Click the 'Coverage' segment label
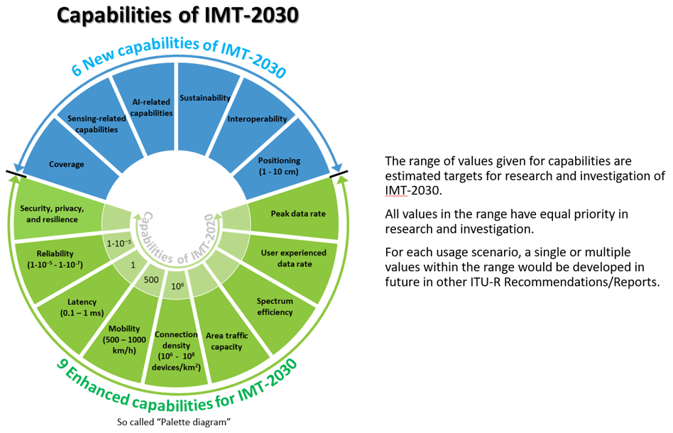point(66,165)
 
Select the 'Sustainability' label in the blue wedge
point(205,97)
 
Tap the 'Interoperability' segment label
point(257,119)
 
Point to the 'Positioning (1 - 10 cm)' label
point(280,165)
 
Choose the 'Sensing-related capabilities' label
point(96,124)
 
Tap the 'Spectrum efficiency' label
point(275,306)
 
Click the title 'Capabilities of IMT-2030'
point(176,16)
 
